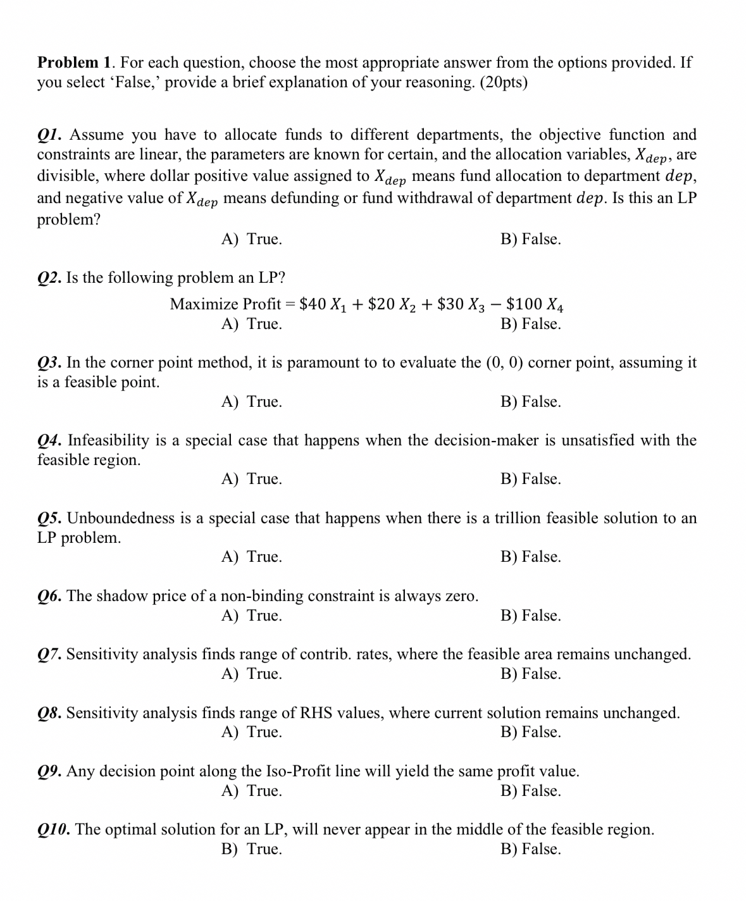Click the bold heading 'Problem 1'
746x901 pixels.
(x=75, y=63)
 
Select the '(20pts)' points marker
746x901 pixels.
(x=504, y=83)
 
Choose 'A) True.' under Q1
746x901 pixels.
(x=252, y=239)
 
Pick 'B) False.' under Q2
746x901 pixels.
(x=530, y=324)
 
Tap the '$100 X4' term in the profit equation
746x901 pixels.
(x=535, y=304)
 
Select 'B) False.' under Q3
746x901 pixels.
(x=530, y=402)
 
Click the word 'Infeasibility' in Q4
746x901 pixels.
(x=108, y=440)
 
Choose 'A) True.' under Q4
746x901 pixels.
(x=252, y=479)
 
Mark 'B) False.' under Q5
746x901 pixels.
(x=530, y=557)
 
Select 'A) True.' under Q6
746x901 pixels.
(x=252, y=616)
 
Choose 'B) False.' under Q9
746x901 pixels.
(x=530, y=791)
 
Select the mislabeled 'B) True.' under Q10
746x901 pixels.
(x=252, y=849)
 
